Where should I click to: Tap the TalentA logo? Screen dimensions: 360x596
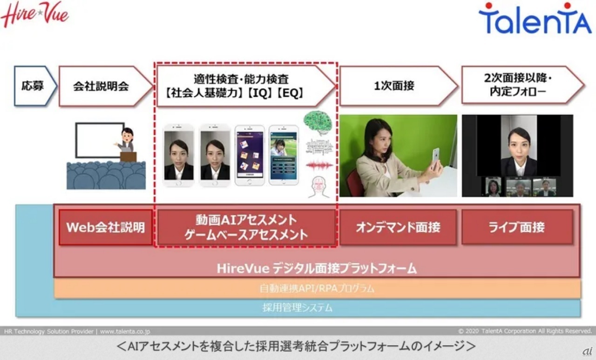535,19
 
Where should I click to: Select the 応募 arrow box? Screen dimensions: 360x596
34,86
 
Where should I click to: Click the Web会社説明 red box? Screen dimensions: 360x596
106,227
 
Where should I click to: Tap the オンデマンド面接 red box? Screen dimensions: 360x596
398,227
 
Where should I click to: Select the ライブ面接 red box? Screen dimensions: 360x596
517,227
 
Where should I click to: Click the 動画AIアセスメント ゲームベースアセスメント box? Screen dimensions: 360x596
246,227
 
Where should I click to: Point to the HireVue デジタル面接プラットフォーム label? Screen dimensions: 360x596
317,268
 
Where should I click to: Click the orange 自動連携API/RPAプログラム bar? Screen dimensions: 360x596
317,289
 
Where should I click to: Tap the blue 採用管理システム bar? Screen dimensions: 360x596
298,307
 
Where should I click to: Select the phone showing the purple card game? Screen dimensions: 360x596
249,155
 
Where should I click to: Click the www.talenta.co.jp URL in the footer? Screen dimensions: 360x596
125,332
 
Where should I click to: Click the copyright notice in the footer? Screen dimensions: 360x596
525,332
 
